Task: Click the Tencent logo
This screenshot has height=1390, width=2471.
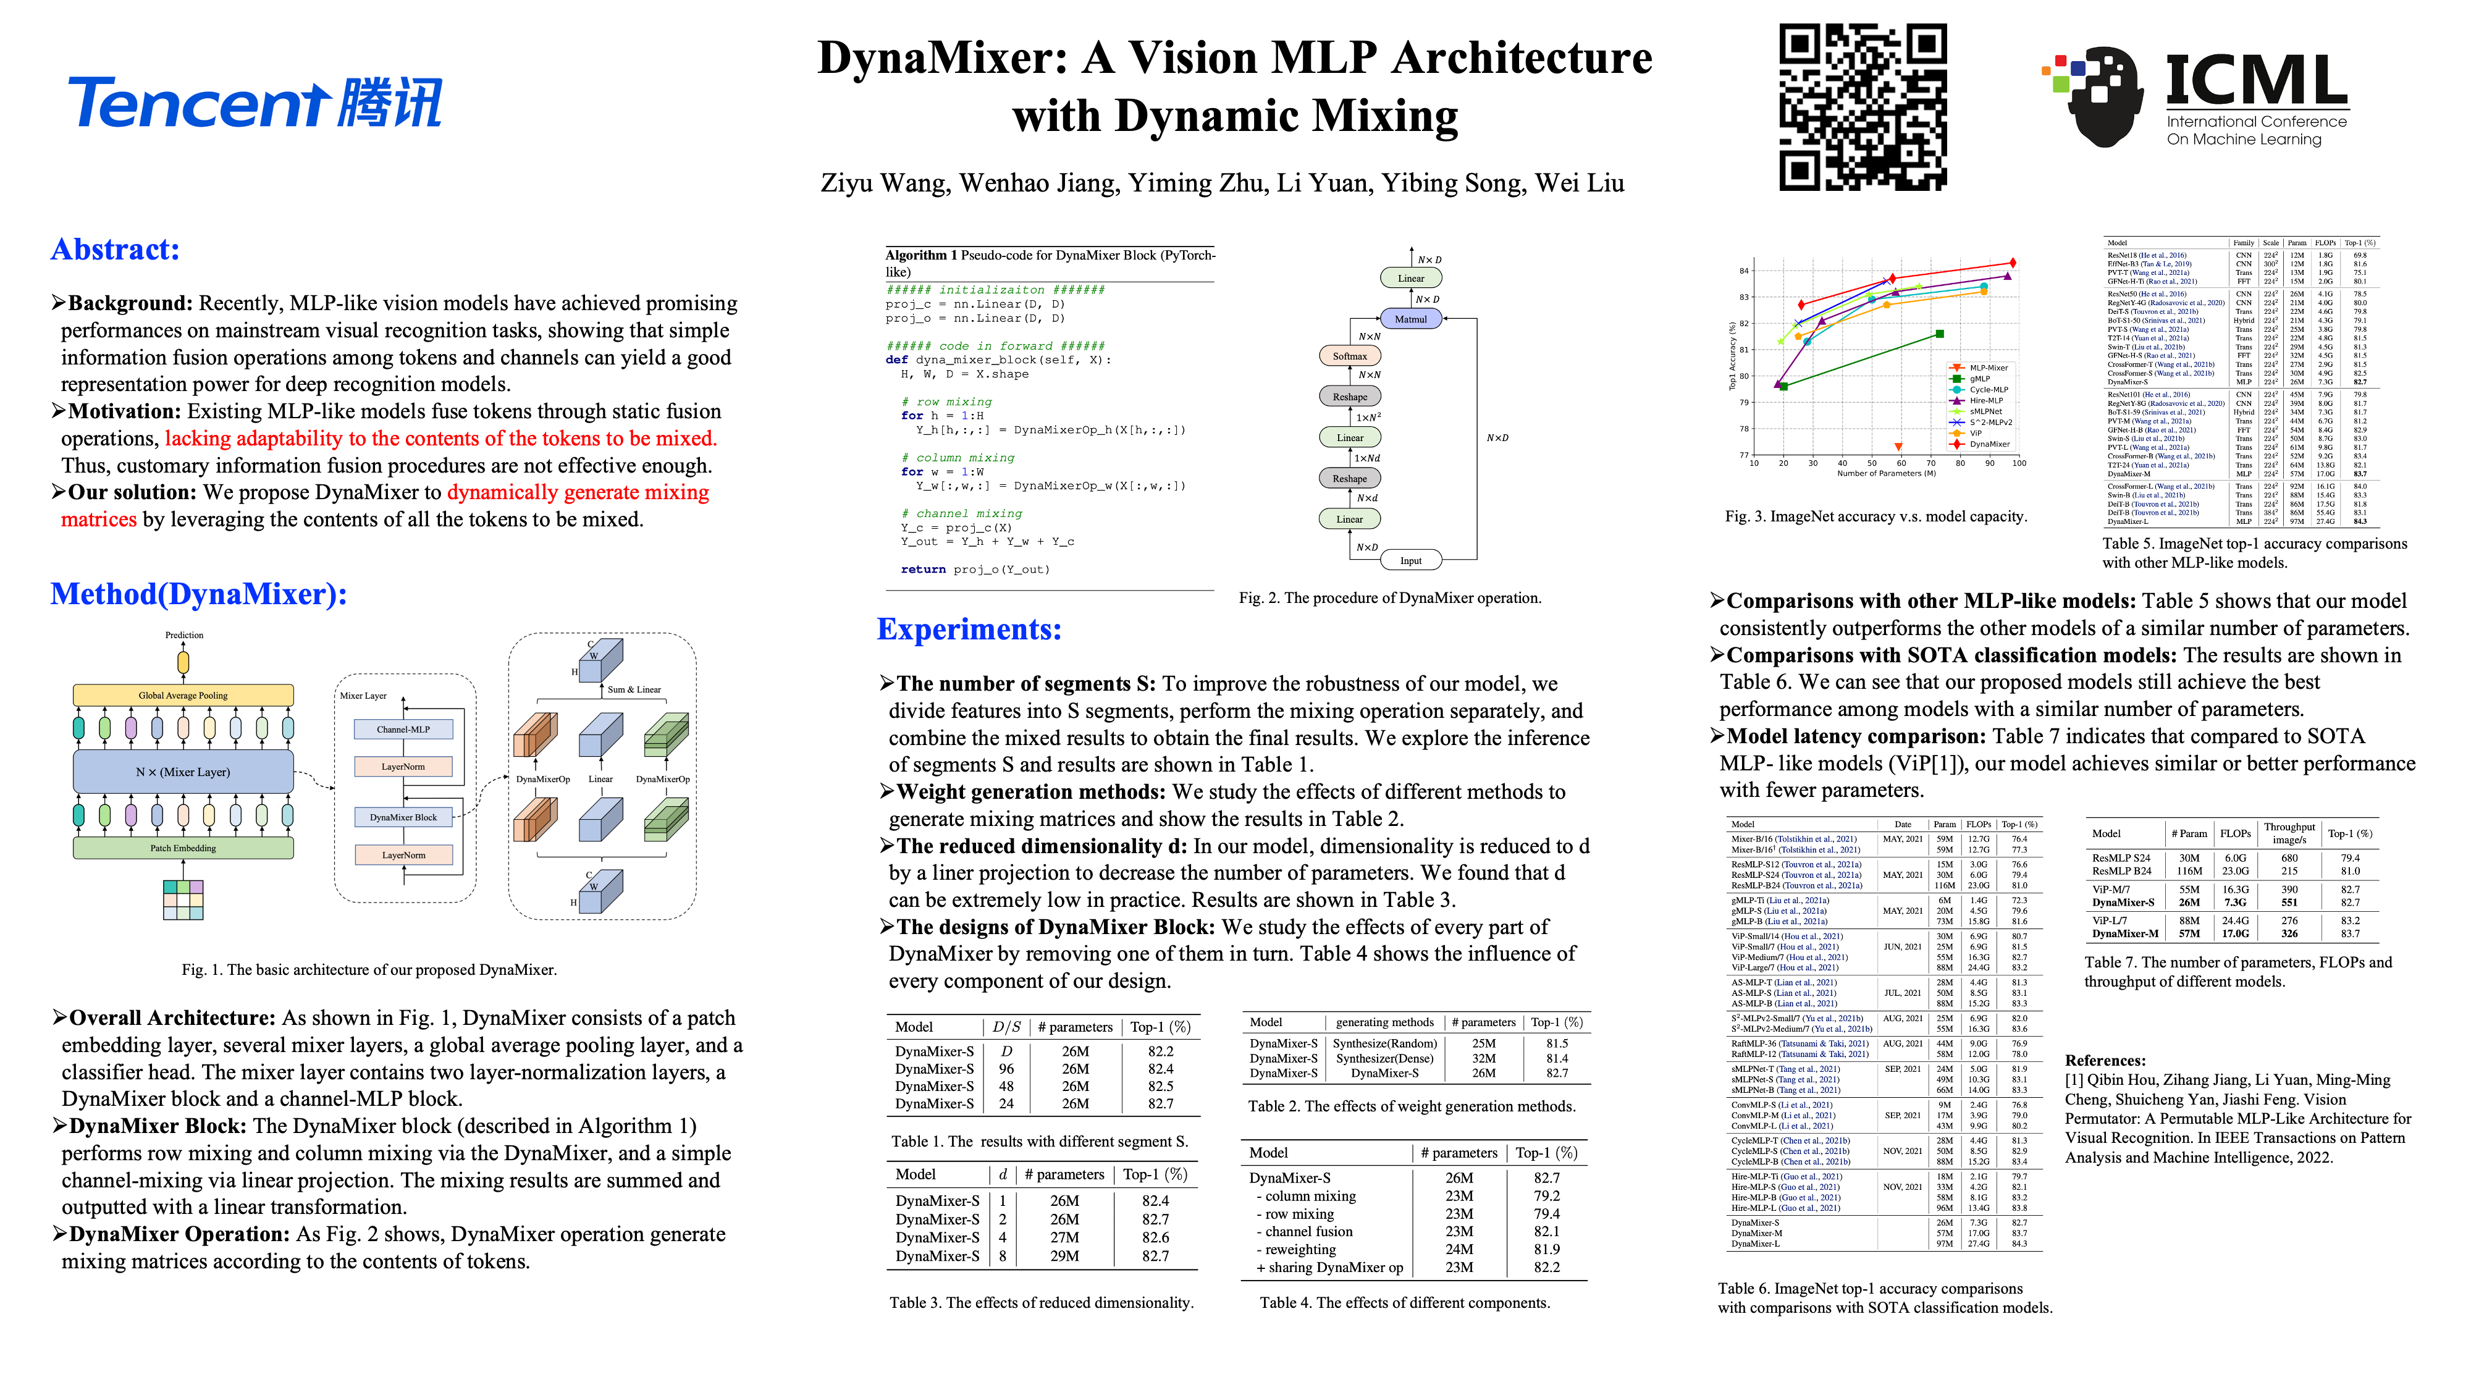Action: point(254,103)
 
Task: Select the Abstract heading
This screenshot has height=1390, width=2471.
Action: point(115,250)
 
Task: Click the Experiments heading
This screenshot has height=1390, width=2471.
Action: point(969,630)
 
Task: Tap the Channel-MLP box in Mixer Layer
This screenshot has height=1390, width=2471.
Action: point(403,729)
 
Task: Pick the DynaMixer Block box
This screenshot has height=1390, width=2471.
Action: point(403,817)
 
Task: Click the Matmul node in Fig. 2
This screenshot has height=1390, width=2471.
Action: point(1410,319)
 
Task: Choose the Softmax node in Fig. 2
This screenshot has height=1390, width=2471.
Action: point(1350,356)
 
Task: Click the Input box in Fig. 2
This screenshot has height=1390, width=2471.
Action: point(1410,560)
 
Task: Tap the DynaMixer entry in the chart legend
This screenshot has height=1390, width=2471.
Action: point(1989,444)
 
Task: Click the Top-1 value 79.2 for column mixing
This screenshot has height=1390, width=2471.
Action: point(1546,1196)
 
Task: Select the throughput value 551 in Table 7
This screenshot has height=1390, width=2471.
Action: point(2289,902)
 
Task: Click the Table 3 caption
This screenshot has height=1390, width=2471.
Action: point(1041,1303)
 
